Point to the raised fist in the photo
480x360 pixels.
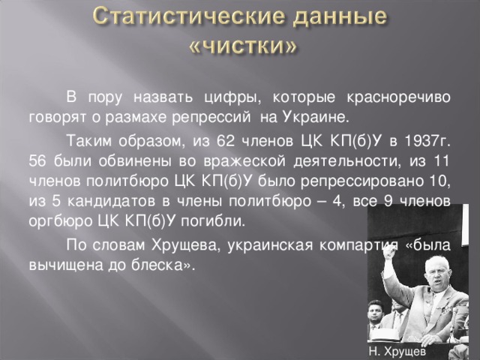(x=389, y=254)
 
